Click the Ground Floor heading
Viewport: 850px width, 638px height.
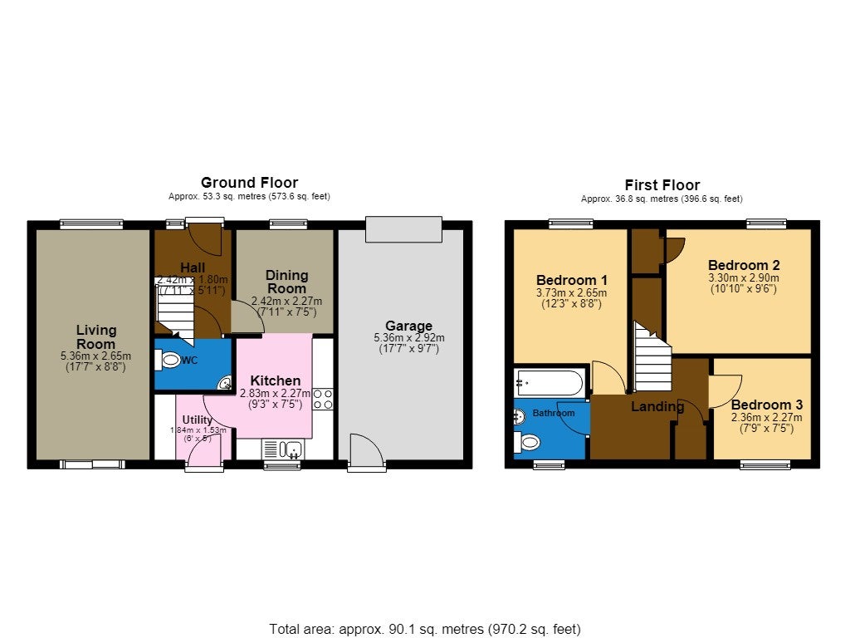click(249, 182)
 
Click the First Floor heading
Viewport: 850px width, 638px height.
click(662, 184)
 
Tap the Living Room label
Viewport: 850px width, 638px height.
click(96, 337)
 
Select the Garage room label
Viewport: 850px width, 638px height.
click(408, 326)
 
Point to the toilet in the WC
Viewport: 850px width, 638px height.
click(168, 360)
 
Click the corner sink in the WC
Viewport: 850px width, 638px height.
click(225, 383)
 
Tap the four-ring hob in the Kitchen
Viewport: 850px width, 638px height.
click(323, 399)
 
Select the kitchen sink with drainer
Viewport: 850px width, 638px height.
click(282, 449)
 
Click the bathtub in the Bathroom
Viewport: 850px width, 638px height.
click(550, 383)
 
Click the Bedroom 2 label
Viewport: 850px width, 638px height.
click(744, 265)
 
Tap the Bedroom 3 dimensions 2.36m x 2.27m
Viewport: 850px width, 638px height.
click(766, 417)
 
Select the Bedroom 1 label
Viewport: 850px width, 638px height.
click(572, 281)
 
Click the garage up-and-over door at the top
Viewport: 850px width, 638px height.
click(404, 229)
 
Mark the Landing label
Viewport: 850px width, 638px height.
click(657, 406)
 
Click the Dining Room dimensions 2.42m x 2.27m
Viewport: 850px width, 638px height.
click(286, 301)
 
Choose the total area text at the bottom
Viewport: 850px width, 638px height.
click(425, 630)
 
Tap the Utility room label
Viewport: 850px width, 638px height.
click(198, 420)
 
